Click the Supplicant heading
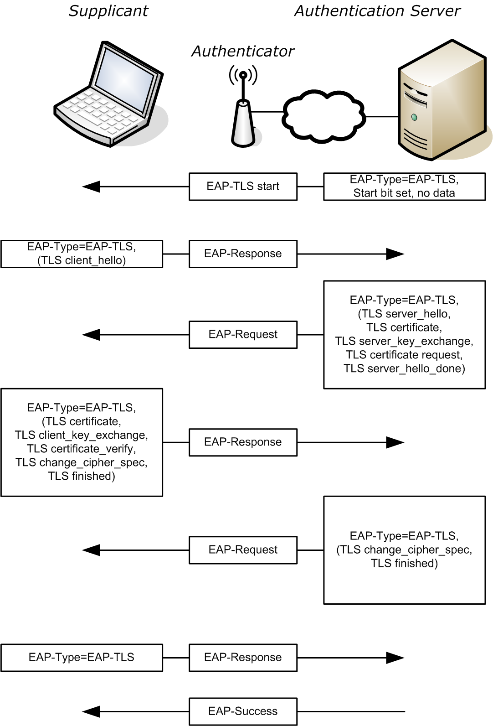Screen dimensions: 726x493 coord(108,11)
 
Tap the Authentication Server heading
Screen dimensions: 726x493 coord(377,11)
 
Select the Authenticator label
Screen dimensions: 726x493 coord(242,52)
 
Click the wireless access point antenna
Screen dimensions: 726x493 coord(243,84)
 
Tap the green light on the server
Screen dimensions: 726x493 coord(414,117)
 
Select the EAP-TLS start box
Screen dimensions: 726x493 coord(243,187)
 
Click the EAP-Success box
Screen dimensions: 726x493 coord(243,711)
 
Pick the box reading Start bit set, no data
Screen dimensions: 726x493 coord(404,187)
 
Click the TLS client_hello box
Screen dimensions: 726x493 coord(82,254)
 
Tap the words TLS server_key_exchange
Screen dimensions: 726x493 coord(404,342)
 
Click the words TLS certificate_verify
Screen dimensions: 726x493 coord(82,449)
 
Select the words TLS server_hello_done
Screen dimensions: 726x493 coord(404,369)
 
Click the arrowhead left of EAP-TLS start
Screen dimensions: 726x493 coord(91,187)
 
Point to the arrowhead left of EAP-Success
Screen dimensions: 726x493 coord(91,711)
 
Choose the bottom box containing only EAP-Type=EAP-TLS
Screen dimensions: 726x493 coord(82,658)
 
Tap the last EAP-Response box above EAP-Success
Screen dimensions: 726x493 coord(243,658)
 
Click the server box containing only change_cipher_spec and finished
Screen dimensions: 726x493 coord(404,550)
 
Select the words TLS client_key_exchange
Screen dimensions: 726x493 coord(82,436)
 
